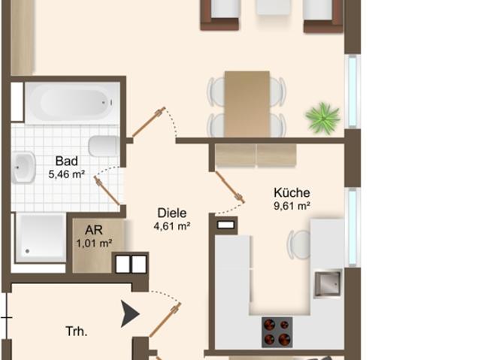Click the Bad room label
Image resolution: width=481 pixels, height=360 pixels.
(67, 161)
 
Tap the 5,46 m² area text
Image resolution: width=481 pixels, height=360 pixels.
(67, 174)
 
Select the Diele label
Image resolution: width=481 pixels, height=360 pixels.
(172, 213)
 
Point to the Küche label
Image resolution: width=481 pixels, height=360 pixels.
(292, 192)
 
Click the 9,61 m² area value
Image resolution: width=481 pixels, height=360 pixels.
(292, 206)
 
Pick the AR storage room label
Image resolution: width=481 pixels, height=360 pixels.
(94, 230)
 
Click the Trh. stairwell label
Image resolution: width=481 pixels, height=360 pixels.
(77, 331)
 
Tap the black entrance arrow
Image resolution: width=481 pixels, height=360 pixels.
(130, 313)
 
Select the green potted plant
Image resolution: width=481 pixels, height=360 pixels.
(323, 118)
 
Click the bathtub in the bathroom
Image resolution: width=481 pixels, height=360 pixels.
(73, 103)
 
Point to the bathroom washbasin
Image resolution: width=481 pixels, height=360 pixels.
(23, 168)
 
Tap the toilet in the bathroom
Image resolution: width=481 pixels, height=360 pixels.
(104, 146)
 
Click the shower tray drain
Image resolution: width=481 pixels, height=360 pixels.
(28, 251)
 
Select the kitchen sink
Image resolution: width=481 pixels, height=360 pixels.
(328, 283)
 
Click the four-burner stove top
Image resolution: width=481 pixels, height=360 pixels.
(277, 332)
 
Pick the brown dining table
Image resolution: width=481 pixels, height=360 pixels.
(247, 104)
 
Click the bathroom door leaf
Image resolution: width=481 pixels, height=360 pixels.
(107, 192)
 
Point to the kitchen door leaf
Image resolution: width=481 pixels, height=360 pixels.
(229, 186)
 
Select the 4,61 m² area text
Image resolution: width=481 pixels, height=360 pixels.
(172, 226)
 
